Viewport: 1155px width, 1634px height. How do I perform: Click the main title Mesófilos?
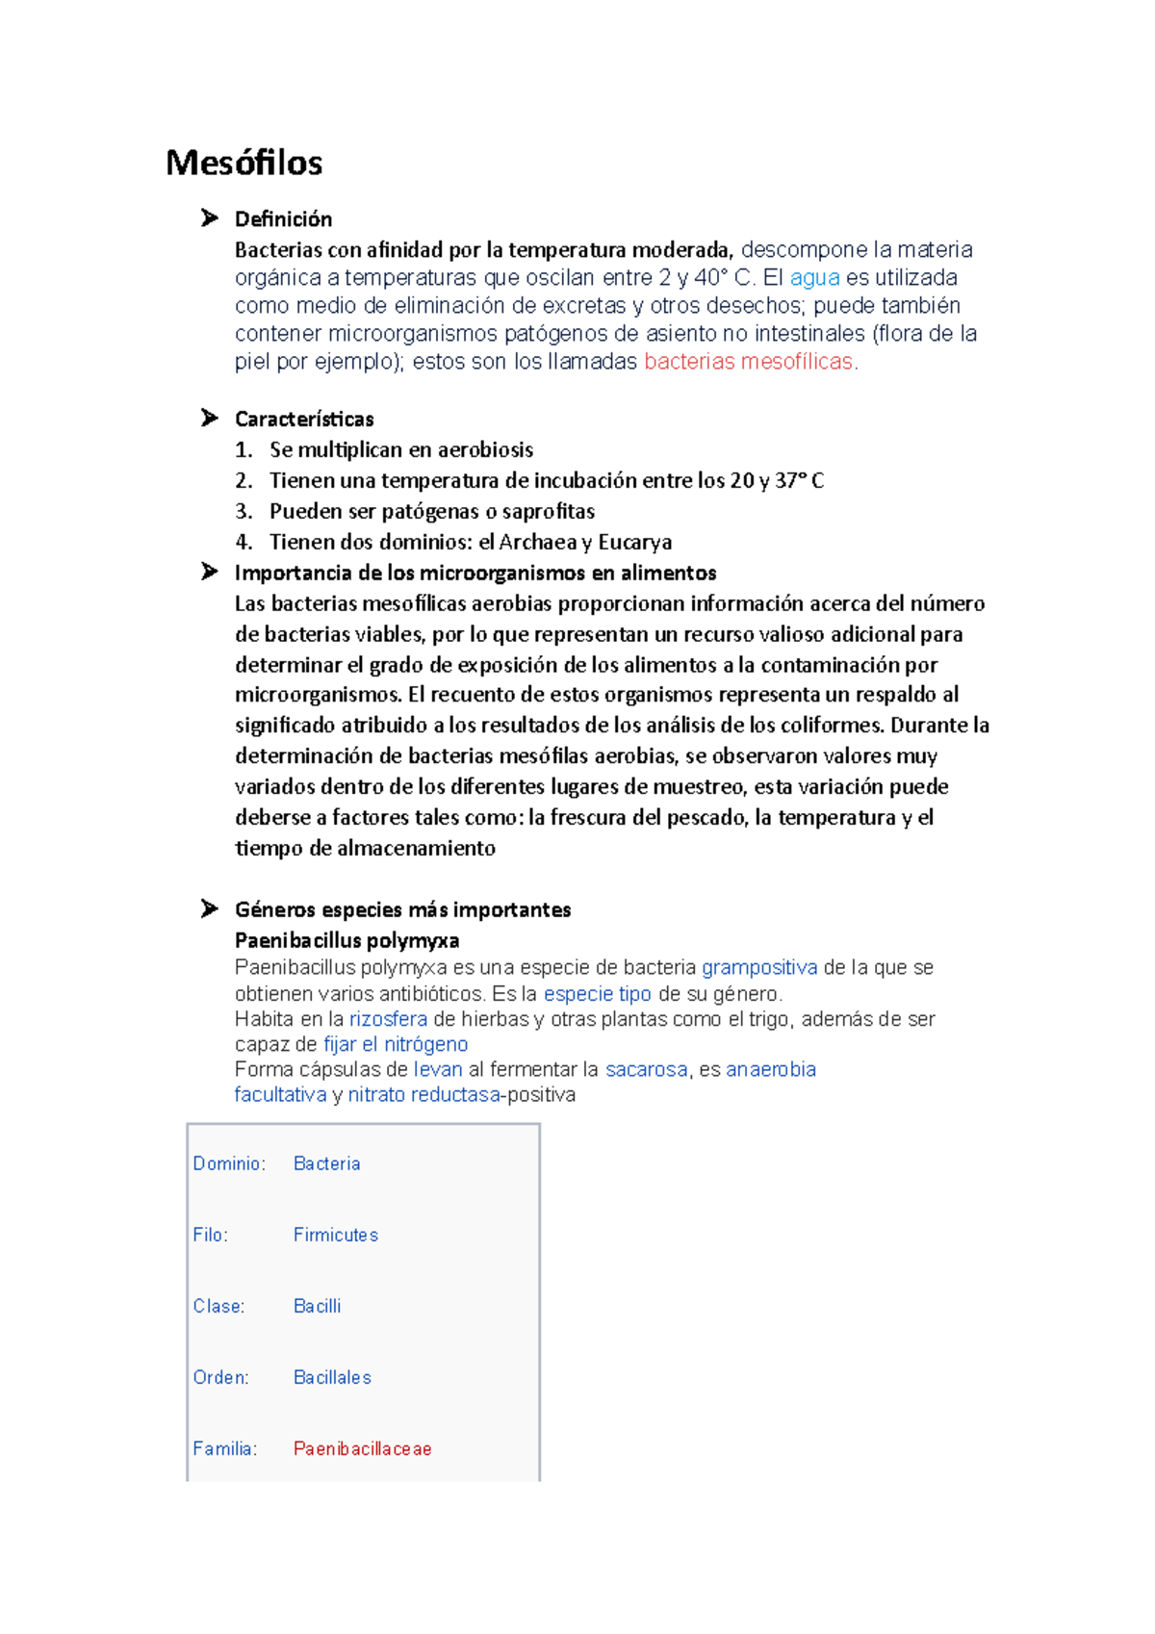(x=244, y=163)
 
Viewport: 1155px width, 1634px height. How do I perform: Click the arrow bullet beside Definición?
(x=209, y=218)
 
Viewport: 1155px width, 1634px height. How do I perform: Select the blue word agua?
(x=814, y=278)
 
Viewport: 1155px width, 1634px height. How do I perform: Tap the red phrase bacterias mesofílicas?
(x=748, y=362)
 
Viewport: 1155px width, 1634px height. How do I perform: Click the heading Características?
(x=304, y=419)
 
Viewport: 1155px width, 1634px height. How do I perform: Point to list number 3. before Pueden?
(x=244, y=511)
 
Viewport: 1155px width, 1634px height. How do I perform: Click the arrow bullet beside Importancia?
(x=209, y=572)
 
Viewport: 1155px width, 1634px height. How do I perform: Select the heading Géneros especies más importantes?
(x=402, y=909)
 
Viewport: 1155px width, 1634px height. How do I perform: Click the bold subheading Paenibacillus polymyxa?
(x=346, y=940)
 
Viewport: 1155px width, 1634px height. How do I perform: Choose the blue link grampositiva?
(x=759, y=967)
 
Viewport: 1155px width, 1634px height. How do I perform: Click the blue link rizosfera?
(x=388, y=1019)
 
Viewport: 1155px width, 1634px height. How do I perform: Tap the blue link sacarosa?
(x=646, y=1069)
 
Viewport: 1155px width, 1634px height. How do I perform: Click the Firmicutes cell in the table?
(x=335, y=1235)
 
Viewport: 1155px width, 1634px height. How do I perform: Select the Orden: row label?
(x=220, y=1377)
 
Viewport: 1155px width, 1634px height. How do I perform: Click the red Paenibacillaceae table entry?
(x=362, y=1448)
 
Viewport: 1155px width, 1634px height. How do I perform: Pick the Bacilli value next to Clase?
(x=317, y=1306)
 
